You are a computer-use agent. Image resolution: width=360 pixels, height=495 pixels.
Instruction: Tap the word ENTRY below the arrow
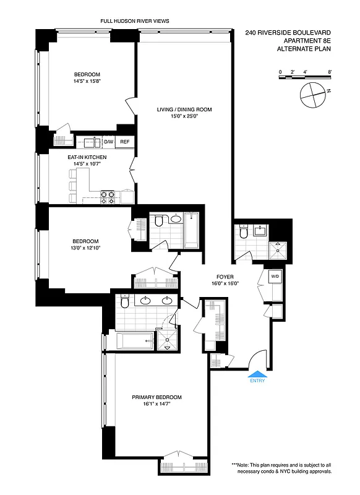tap(257, 381)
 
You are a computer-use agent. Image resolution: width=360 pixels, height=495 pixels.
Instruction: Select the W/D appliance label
tap(275, 275)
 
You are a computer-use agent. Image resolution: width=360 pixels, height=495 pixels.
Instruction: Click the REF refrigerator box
tap(124, 142)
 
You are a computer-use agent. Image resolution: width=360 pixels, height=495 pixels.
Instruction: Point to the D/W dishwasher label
tap(108, 142)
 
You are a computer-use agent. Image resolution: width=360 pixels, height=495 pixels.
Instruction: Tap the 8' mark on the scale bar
tap(330, 72)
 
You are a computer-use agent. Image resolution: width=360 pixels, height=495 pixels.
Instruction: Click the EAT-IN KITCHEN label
tap(87, 157)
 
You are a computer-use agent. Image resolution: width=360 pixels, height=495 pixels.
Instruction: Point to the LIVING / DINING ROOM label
tap(184, 110)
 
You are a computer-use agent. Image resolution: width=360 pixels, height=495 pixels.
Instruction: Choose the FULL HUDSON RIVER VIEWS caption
tap(134, 21)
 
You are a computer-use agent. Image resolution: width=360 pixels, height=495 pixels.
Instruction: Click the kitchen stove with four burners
tap(108, 197)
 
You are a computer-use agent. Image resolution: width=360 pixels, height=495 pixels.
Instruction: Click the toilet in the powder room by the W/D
tap(242, 233)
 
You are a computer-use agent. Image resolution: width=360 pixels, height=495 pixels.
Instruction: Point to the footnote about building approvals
tap(281, 468)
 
